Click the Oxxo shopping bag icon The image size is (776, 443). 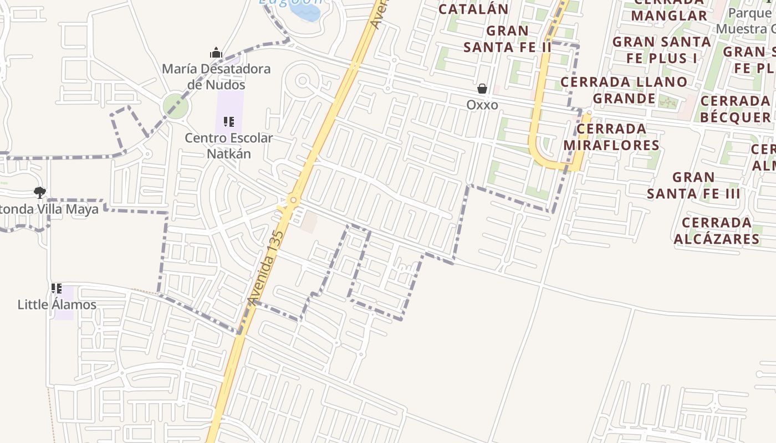(x=482, y=89)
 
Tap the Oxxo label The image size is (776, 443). (x=482, y=105)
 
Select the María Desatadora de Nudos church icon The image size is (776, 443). (x=216, y=53)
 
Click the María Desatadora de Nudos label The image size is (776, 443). (x=216, y=77)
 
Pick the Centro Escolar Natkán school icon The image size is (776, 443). (x=228, y=121)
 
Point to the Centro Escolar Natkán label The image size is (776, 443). (x=228, y=146)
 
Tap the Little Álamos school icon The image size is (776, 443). (x=56, y=289)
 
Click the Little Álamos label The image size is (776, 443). (x=57, y=305)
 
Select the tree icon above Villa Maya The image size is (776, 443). (x=39, y=193)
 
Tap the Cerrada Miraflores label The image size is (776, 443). (x=611, y=137)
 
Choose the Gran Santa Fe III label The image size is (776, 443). (x=693, y=186)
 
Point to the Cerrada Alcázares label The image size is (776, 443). (x=716, y=230)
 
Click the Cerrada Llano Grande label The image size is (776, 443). (x=624, y=90)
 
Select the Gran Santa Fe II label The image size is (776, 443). (x=508, y=39)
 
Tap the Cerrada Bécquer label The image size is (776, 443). (x=735, y=109)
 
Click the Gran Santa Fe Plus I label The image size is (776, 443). (x=662, y=49)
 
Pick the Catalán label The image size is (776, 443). (x=473, y=9)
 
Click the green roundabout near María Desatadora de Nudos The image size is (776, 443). (x=176, y=106)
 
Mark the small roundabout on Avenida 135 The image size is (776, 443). (x=294, y=200)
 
